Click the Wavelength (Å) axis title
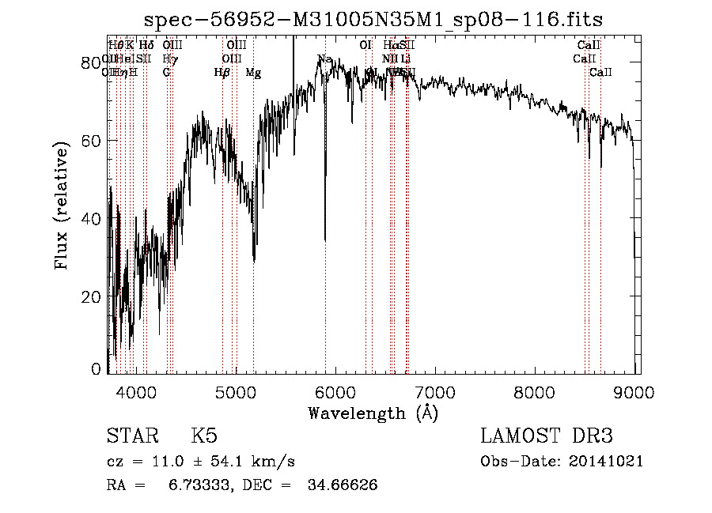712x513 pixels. click(x=373, y=413)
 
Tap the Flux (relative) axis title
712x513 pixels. click(x=62, y=206)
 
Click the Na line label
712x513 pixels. click(x=324, y=59)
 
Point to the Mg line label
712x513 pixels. click(x=253, y=73)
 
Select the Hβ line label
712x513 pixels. click(x=222, y=73)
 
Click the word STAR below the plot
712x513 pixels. click(x=131, y=436)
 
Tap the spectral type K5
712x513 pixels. click(x=204, y=436)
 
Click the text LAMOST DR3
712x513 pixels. click(x=547, y=436)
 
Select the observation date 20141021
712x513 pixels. click(x=609, y=462)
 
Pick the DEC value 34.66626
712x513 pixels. click(x=342, y=485)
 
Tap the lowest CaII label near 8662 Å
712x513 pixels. click(x=601, y=73)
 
